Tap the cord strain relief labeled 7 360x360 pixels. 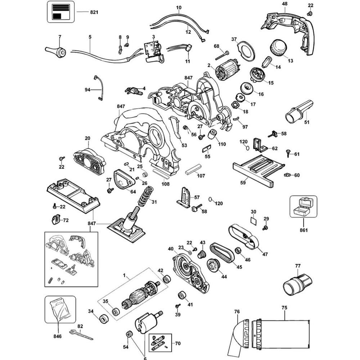(55, 51)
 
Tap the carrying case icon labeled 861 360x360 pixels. (303, 206)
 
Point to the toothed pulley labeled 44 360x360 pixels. (213, 266)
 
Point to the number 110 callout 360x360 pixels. (222, 144)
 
